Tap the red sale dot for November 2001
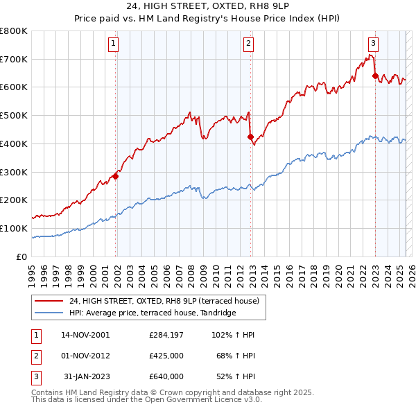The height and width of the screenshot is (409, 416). pos(116,176)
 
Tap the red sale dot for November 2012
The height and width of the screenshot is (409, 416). pos(251,137)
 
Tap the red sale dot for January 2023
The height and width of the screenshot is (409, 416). pos(376,76)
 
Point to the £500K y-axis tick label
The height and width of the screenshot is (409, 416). pos(13,115)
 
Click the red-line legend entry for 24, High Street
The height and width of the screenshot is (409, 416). pos(164,301)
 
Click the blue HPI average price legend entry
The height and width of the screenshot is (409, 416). pos(153,313)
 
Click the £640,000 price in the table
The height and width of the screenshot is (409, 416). pos(166,376)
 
